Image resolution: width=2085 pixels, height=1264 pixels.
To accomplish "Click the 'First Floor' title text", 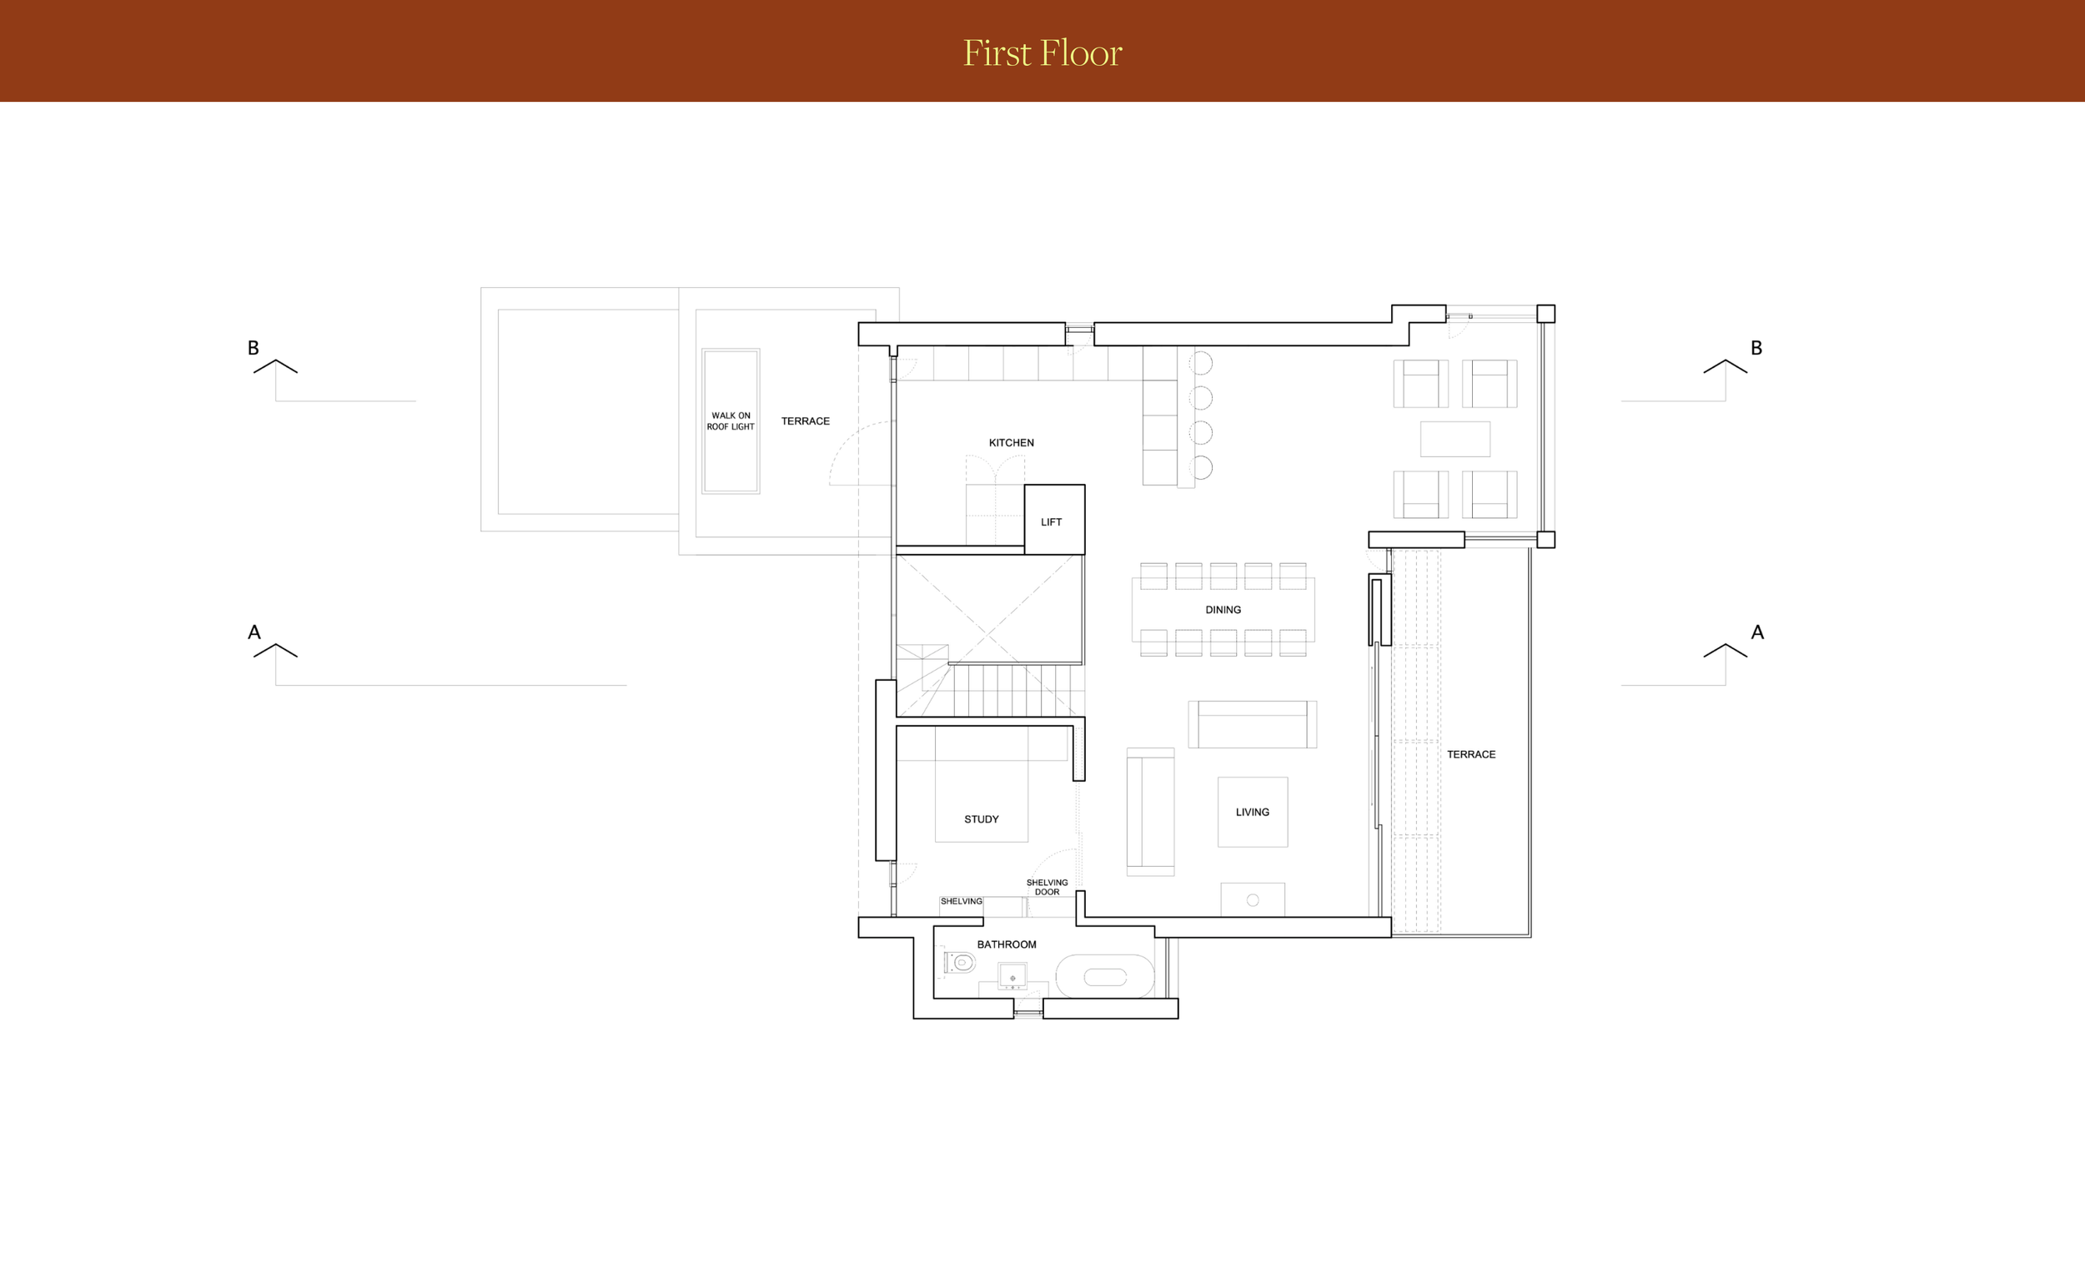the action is point(1042,53).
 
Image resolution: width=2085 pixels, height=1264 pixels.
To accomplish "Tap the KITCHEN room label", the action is point(1011,443).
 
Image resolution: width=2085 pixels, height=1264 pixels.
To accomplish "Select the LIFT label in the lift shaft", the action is point(1051,522).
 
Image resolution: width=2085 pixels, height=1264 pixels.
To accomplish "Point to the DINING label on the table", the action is point(1223,610).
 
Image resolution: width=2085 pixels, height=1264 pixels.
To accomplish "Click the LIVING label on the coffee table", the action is point(1253,812).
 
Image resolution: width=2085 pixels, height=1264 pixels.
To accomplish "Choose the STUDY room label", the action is point(982,819).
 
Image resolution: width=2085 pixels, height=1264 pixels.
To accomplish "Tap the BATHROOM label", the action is point(1006,944).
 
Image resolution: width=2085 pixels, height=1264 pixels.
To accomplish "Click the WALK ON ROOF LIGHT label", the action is point(731,420).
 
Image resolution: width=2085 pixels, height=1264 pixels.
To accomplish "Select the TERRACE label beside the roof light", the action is point(805,420).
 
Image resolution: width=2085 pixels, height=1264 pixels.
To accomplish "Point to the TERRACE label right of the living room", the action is point(1470,754).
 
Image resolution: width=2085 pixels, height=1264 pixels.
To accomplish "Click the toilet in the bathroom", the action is point(960,963).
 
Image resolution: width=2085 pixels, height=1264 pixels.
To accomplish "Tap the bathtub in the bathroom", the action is point(1104,977).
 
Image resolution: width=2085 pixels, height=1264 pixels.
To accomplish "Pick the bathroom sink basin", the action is point(1012,977).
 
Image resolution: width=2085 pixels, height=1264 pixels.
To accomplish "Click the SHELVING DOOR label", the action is point(1047,887).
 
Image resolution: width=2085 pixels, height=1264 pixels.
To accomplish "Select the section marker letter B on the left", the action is point(253,348).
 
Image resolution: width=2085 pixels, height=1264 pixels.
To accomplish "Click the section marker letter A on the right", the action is point(1757,632).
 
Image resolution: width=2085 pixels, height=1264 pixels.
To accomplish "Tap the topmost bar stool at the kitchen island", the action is point(1202,363).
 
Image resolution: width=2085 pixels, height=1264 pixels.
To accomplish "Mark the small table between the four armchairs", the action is point(1454,439).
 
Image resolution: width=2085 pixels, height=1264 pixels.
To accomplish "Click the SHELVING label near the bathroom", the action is point(962,902).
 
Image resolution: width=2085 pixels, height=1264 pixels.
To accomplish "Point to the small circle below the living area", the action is point(1254,900).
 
